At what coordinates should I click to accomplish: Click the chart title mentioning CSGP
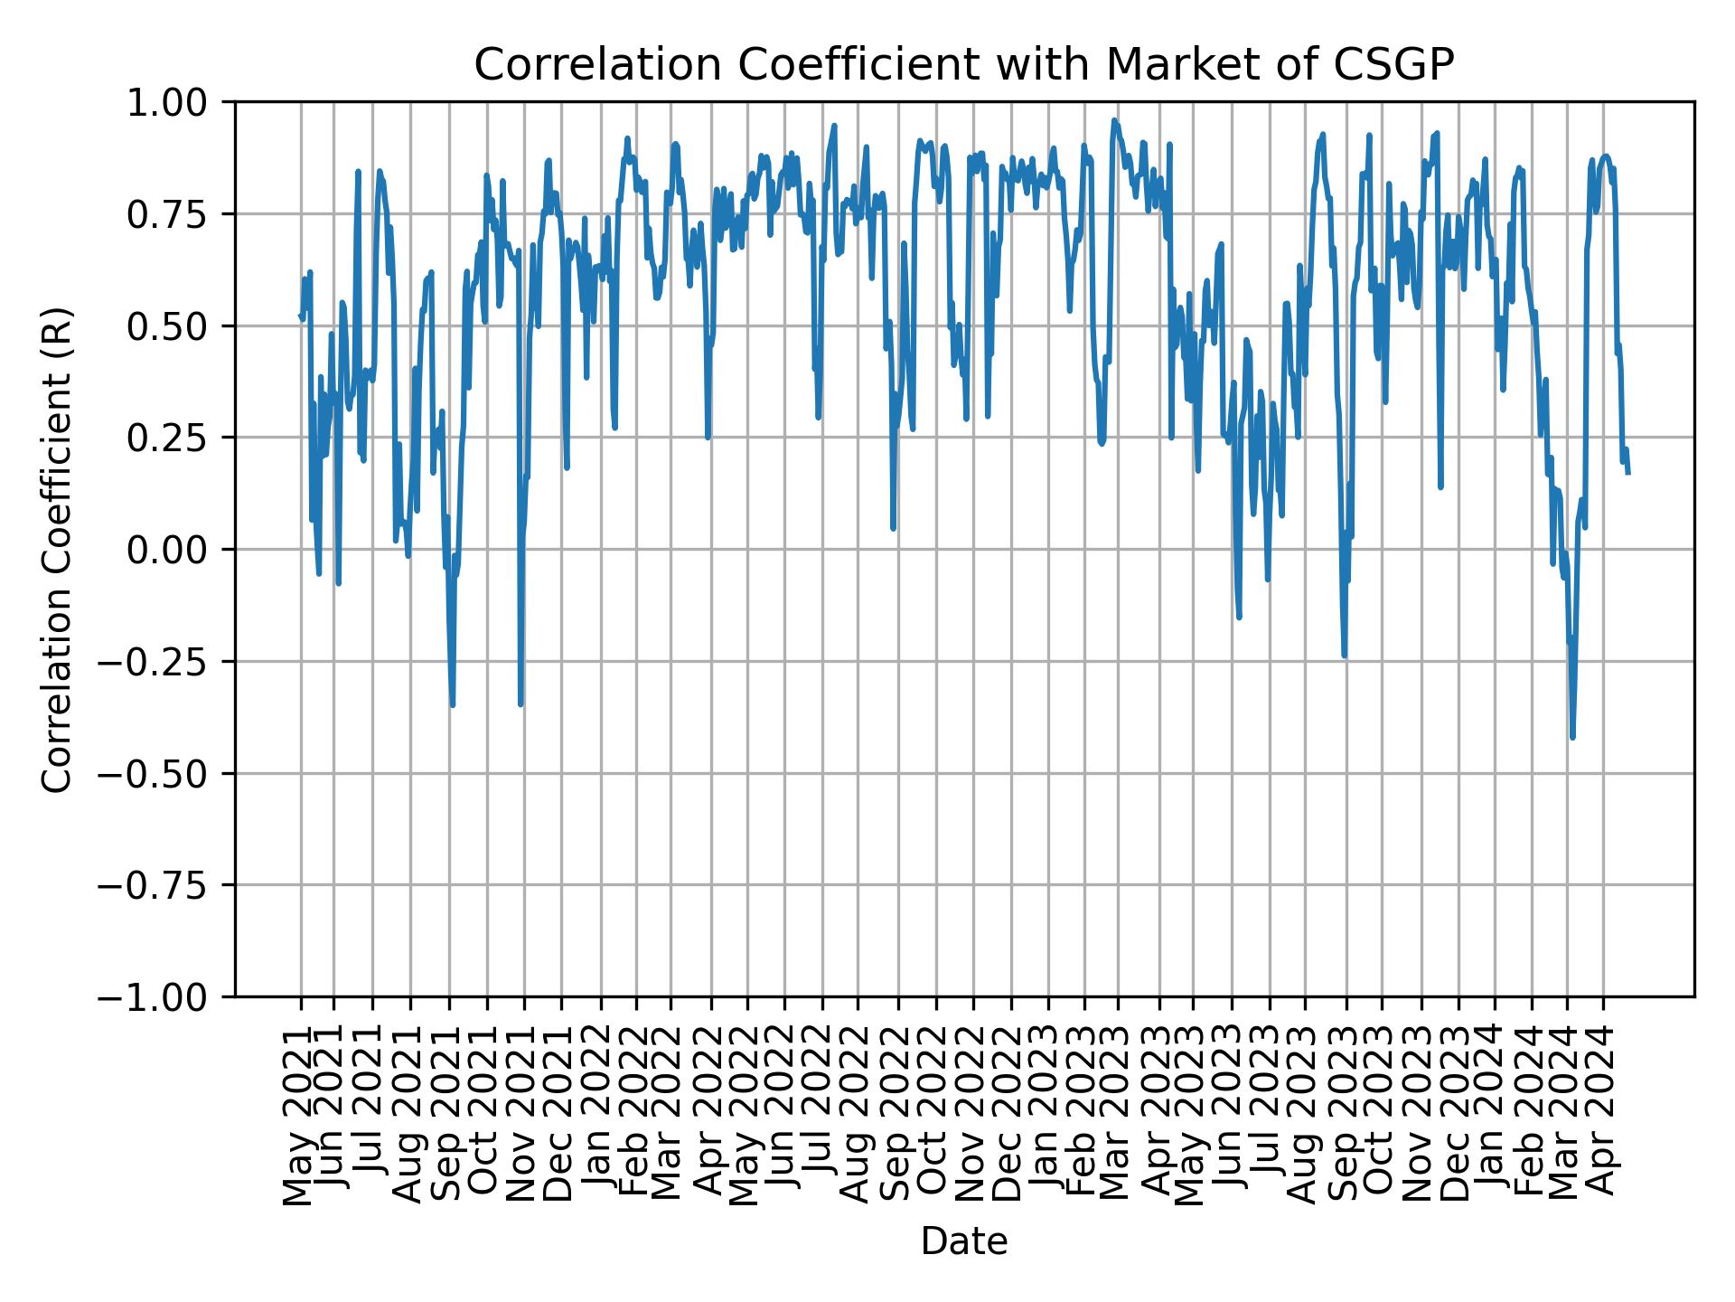[x=963, y=65]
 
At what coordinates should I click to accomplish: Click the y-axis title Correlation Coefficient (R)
[x=57, y=549]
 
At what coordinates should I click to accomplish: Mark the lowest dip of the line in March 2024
[x=1573, y=738]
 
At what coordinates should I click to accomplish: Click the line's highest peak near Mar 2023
[x=1114, y=119]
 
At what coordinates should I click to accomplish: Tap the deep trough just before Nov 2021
[x=520, y=704]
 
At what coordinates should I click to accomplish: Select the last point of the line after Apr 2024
[x=1628, y=473]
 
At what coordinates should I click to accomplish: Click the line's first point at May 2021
[x=300, y=316]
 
